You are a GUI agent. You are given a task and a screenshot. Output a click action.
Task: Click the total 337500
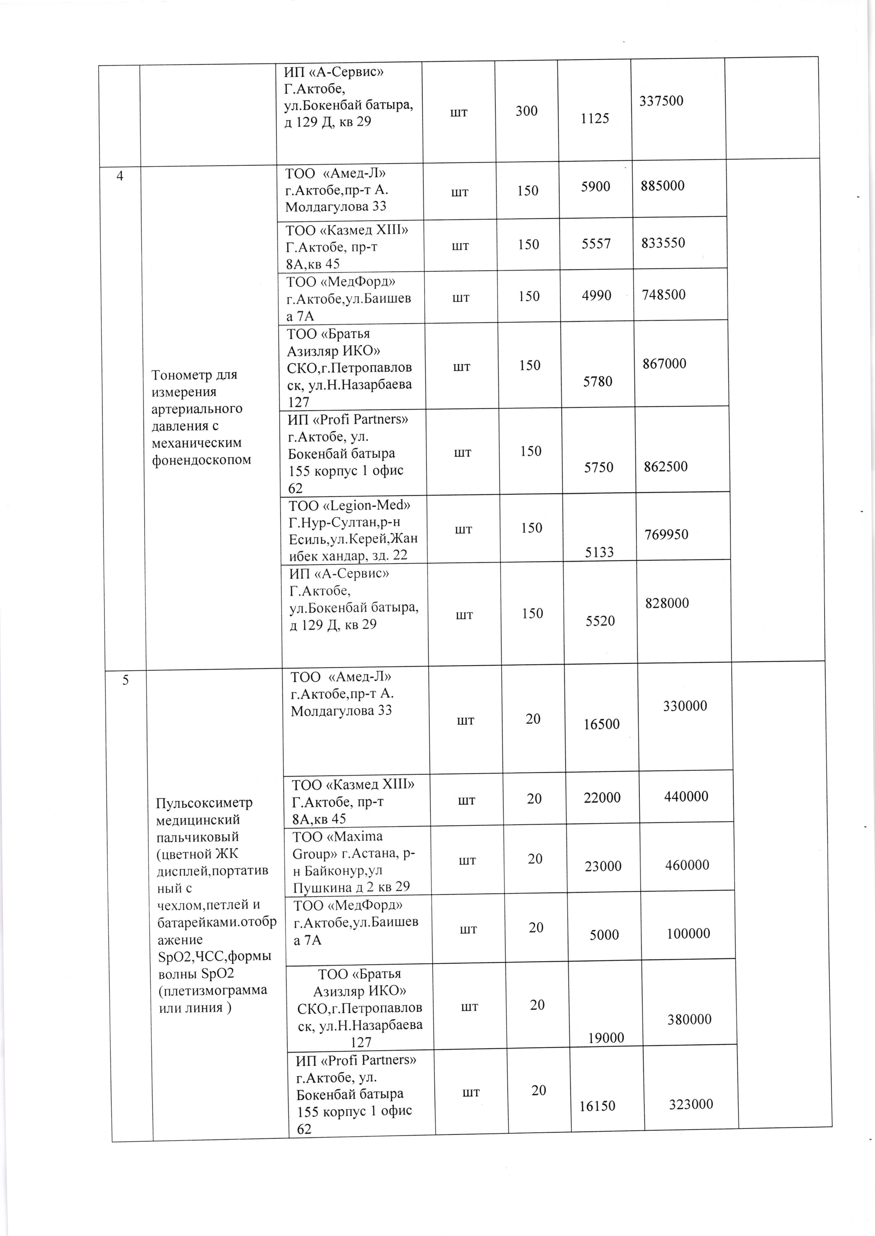coord(661,101)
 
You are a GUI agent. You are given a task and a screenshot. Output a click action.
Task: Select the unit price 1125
coord(595,118)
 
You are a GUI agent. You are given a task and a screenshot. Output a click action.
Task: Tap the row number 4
coord(120,176)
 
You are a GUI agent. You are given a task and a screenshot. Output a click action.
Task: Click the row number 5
coord(126,680)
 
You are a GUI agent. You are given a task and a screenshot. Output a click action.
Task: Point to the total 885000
coord(663,186)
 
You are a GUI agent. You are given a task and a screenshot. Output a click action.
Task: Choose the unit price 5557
coord(596,244)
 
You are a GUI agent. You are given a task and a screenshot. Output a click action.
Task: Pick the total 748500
coord(664,295)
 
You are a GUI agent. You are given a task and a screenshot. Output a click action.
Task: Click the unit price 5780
coord(598,381)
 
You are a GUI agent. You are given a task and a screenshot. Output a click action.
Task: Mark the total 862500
coord(666,466)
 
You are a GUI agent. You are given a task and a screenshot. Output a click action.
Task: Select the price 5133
coord(599,551)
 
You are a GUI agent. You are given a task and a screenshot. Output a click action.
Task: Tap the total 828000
coord(667,603)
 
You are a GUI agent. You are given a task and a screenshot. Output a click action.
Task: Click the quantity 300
coord(526,111)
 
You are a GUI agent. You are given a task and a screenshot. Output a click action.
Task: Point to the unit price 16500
coord(601,724)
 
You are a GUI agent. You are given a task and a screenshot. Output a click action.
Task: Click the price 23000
coord(603,866)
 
